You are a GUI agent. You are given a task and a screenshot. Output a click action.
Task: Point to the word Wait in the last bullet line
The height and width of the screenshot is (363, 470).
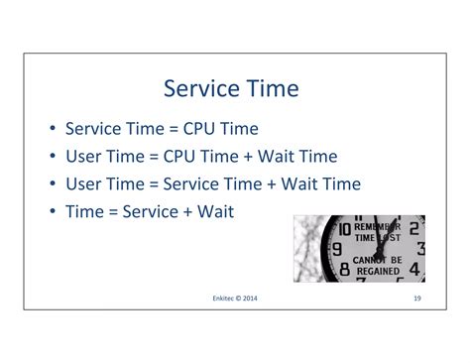point(216,211)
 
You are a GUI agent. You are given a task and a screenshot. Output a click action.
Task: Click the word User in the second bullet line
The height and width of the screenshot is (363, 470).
point(85,156)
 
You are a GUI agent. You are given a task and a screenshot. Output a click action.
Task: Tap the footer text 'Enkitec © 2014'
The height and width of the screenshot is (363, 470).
point(235,298)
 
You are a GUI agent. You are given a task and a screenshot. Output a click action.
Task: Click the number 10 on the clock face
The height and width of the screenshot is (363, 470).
point(343,230)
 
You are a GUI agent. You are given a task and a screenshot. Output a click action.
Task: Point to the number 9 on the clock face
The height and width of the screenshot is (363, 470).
point(337,249)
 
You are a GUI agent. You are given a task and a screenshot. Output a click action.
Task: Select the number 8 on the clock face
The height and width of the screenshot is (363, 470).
point(344,268)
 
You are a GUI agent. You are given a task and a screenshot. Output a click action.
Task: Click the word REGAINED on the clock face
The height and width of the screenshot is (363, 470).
point(378,270)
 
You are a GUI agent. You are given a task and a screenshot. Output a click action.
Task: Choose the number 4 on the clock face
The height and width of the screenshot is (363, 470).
point(417,269)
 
